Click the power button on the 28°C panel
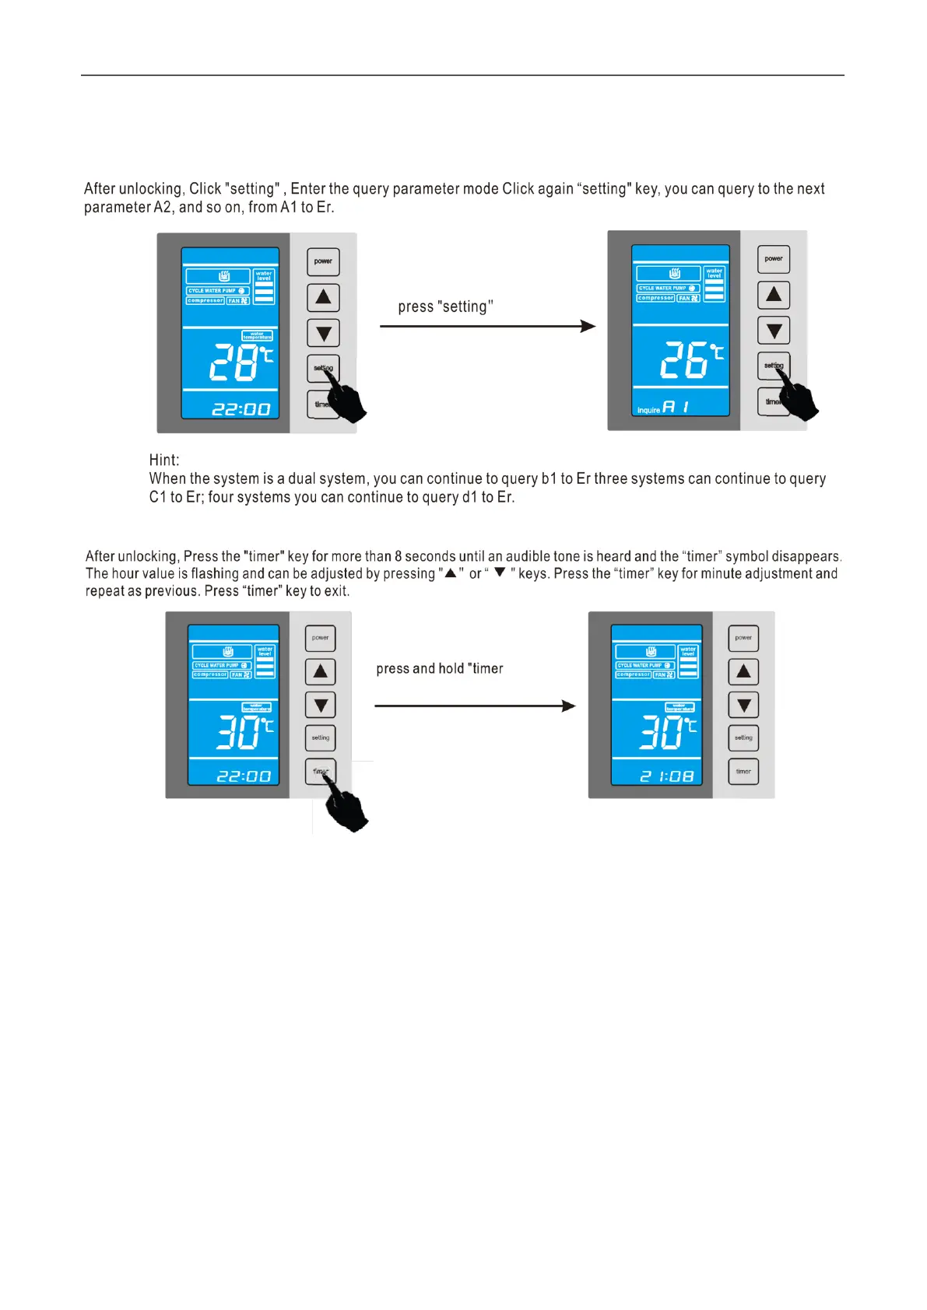323,262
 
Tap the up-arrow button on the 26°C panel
774,295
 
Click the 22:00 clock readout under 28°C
241,409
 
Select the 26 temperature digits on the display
684,360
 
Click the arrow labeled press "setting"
487,326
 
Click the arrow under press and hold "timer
475,706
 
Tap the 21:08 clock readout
667,776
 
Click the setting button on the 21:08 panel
743,737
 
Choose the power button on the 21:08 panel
743,638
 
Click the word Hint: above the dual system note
164,460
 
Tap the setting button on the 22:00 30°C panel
321,737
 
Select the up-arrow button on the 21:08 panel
743,671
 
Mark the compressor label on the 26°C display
655,298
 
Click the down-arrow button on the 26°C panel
774,331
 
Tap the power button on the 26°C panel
774,259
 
